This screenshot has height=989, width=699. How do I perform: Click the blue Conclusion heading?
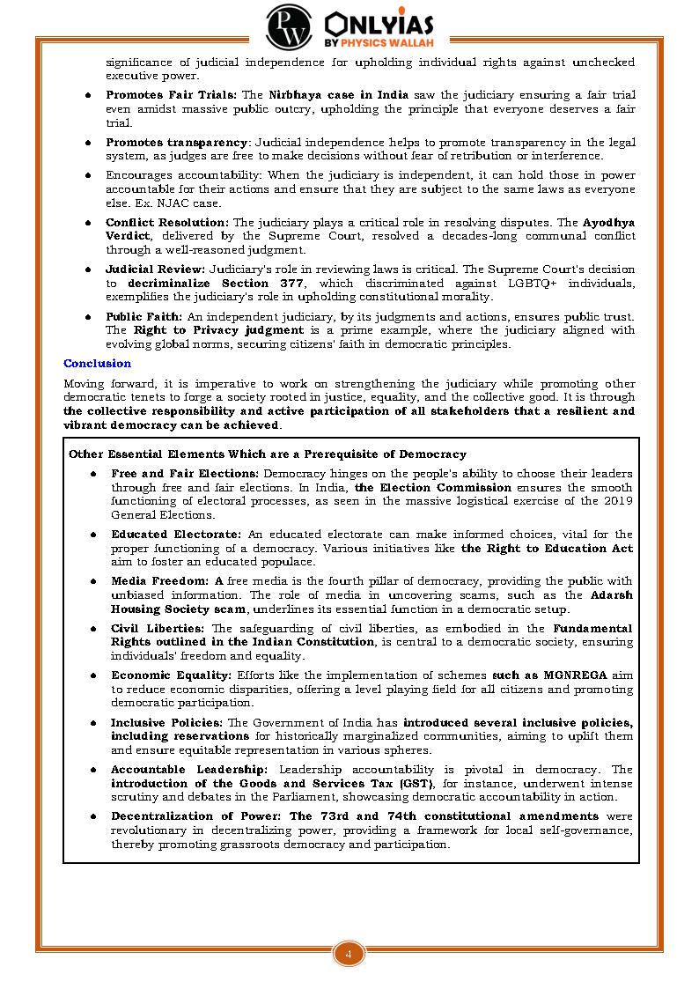click(97, 363)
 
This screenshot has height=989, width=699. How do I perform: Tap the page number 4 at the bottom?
click(349, 955)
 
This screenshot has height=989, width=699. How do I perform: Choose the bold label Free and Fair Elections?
click(185, 474)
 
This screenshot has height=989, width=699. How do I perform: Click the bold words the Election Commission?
click(433, 487)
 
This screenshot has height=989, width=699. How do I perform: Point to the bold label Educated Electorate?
click(176, 535)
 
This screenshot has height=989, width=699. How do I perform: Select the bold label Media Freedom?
click(160, 581)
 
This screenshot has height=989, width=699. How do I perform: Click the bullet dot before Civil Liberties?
click(92, 629)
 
